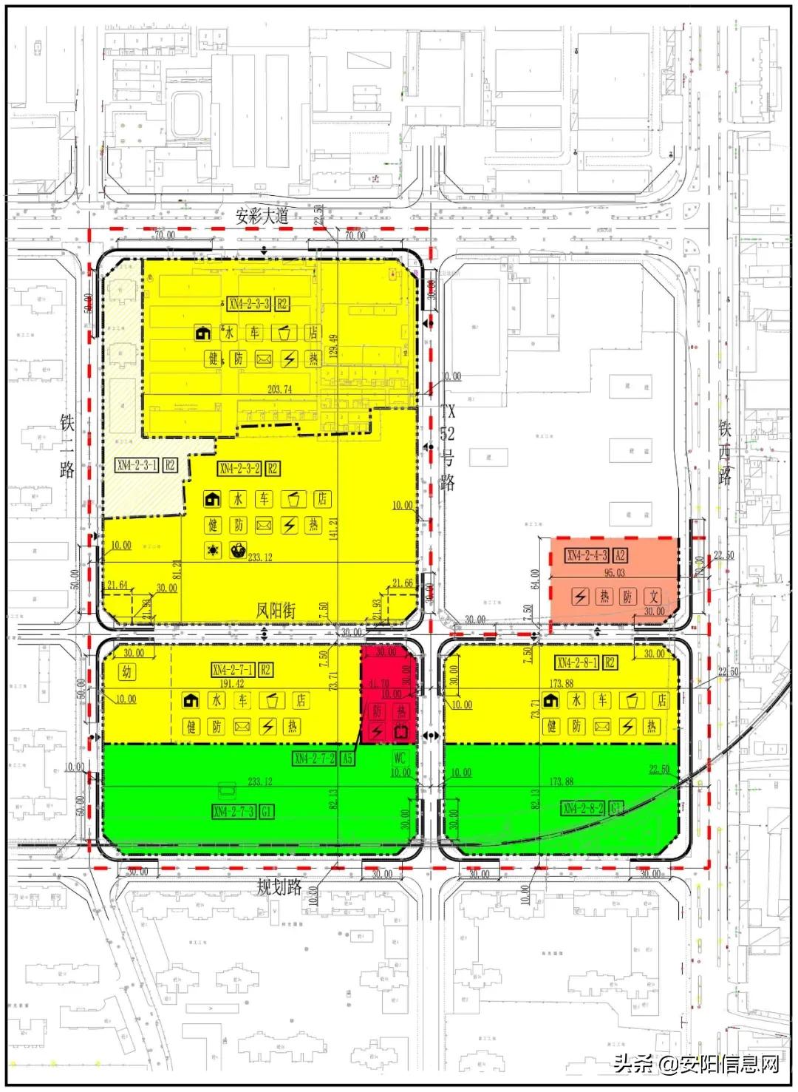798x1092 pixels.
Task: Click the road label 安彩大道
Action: pyautogui.click(x=262, y=217)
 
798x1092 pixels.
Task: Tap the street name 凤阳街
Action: pyautogui.click(x=276, y=611)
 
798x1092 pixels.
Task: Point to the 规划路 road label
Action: pyautogui.click(x=279, y=886)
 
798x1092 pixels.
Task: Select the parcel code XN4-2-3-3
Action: pyautogui.click(x=249, y=303)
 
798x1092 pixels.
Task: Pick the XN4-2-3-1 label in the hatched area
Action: pyautogui.click(x=137, y=465)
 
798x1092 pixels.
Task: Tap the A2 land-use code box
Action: pyautogui.click(x=621, y=556)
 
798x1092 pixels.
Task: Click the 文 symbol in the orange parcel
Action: pyautogui.click(x=652, y=596)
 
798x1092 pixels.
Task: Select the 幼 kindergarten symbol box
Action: pyautogui.click(x=126, y=672)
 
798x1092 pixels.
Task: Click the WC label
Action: pyautogui.click(x=400, y=759)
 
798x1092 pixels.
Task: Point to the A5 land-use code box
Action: pyautogui.click(x=347, y=759)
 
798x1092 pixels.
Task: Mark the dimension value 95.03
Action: pyautogui.click(x=615, y=572)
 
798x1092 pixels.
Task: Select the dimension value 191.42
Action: pyautogui.click(x=232, y=685)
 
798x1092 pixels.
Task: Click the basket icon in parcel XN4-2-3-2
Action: pyautogui.click(x=238, y=551)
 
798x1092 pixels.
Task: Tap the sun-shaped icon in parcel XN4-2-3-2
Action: pyautogui.click(x=213, y=551)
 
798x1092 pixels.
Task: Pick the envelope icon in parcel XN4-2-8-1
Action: pyautogui.click(x=601, y=726)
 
